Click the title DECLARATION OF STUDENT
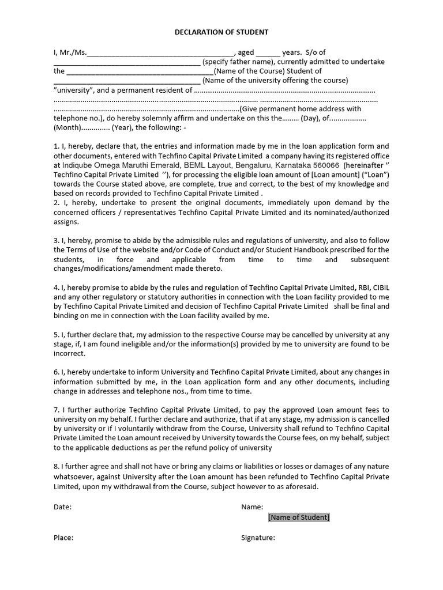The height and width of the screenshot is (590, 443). point(221,33)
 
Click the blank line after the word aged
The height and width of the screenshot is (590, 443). point(268,52)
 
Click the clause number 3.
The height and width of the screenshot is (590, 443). point(56,240)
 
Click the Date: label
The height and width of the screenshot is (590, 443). point(63,507)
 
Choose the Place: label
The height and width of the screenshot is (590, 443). point(63,538)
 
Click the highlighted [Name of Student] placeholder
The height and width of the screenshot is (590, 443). point(299,517)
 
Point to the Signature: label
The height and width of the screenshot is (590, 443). point(258,538)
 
